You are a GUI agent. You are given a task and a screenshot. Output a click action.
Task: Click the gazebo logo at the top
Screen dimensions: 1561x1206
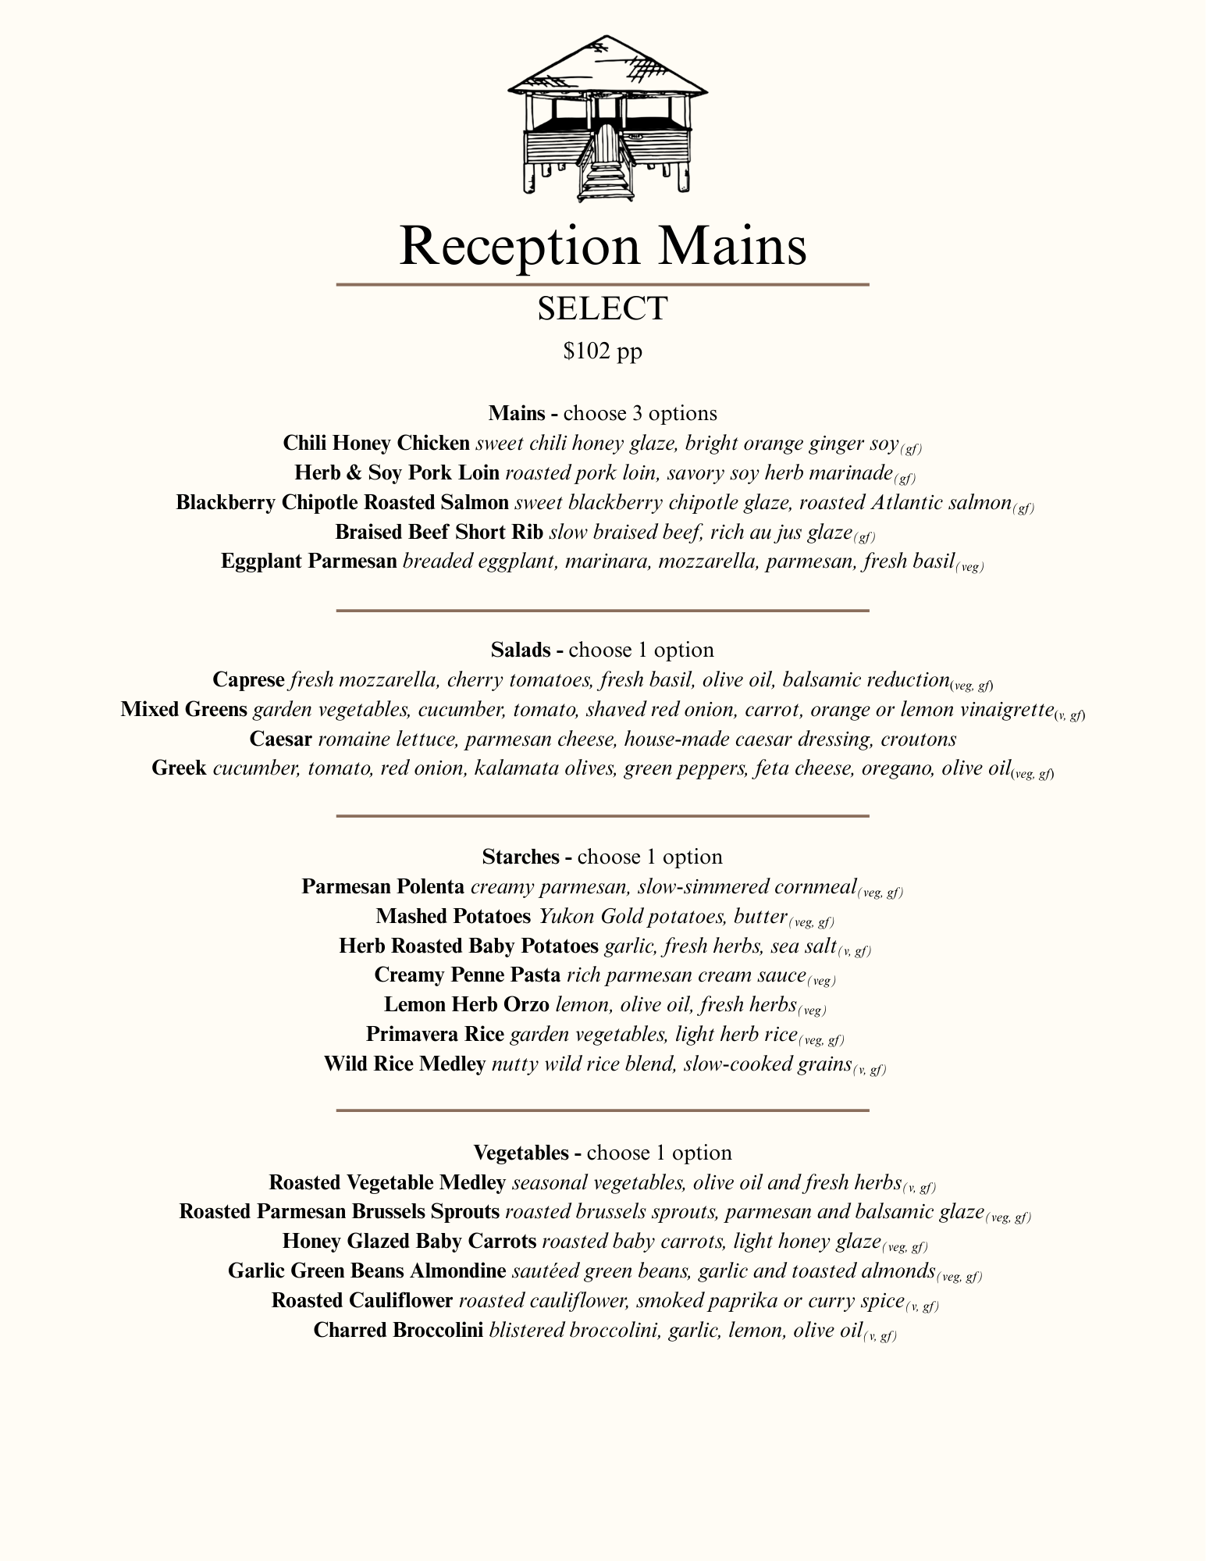pyautogui.click(x=607, y=117)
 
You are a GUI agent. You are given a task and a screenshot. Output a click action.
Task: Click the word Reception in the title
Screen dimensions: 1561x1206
pyautogui.click(x=518, y=246)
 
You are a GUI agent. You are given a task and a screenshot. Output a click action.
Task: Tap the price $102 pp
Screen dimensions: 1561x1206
pyautogui.click(x=603, y=351)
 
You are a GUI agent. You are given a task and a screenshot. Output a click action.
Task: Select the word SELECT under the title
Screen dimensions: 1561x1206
pyautogui.click(x=603, y=308)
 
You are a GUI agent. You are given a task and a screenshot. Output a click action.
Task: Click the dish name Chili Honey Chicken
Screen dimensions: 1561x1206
pyautogui.click(x=376, y=444)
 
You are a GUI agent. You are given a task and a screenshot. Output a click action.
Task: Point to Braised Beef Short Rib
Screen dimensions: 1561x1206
pyautogui.click(x=439, y=533)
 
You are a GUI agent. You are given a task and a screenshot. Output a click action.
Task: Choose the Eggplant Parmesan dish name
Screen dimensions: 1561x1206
pyautogui.click(x=309, y=561)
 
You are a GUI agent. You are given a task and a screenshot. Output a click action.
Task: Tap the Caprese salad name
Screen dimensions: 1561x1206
pyautogui.click(x=248, y=680)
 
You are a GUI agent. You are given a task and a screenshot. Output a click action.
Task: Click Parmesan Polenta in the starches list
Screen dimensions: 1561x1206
pyautogui.click(x=383, y=887)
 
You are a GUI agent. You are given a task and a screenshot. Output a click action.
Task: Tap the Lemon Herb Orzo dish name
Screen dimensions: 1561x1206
pyautogui.click(x=467, y=1005)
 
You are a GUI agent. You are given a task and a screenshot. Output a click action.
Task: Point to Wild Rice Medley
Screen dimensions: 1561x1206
pyautogui.click(x=405, y=1064)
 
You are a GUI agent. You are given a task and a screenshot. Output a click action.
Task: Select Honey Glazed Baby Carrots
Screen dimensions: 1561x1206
pyautogui.click(x=409, y=1242)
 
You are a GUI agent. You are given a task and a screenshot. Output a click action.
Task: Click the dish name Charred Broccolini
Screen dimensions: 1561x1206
pyautogui.click(x=398, y=1331)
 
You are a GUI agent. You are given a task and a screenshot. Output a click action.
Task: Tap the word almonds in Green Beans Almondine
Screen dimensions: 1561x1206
pyautogui.click(x=898, y=1271)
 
